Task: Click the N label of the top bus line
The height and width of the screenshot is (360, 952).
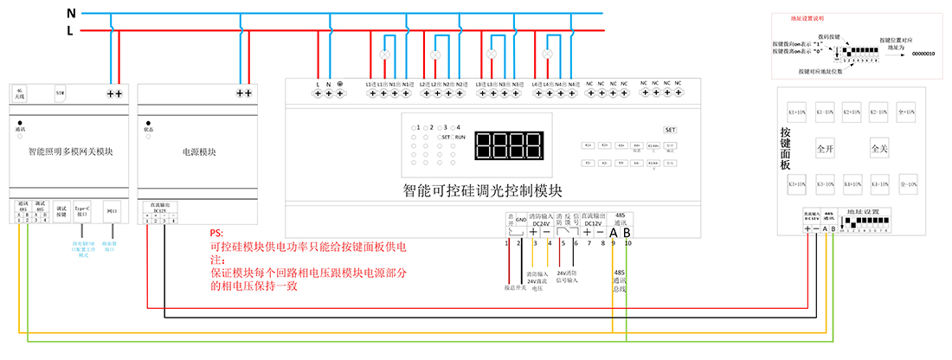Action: (x=72, y=12)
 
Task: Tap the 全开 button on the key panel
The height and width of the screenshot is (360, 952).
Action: (x=825, y=149)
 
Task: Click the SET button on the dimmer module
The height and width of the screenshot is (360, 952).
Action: (x=670, y=129)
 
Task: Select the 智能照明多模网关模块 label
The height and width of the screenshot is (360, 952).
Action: (x=71, y=151)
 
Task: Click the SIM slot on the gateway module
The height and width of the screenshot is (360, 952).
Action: (x=60, y=91)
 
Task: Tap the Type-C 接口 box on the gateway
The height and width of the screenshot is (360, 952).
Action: (x=82, y=209)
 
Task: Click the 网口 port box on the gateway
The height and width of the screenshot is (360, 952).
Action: (x=111, y=209)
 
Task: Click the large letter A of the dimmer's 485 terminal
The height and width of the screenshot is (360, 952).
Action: (x=614, y=232)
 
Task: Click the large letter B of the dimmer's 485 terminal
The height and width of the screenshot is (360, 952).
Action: (x=627, y=232)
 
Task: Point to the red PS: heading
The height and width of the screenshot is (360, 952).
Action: (x=216, y=234)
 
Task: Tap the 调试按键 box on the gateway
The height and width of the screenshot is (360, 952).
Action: (x=61, y=209)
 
